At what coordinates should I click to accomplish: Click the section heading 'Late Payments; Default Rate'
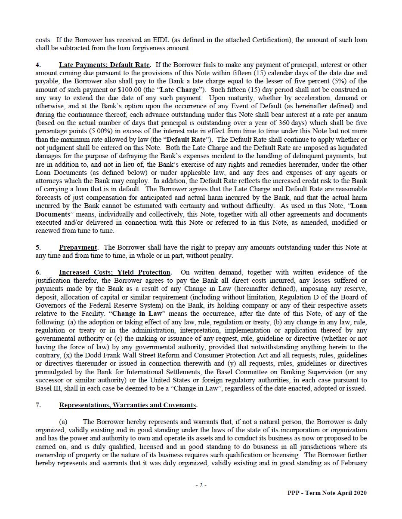click(105, 65)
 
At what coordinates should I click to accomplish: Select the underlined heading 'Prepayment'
click(78, 247)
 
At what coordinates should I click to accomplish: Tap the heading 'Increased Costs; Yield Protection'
click(114, 272)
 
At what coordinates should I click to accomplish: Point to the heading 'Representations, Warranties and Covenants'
click(128, 405)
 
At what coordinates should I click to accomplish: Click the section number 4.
click(38, 65)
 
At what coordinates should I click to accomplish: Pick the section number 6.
click(38, 272)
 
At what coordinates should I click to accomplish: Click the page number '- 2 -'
click(201, 485)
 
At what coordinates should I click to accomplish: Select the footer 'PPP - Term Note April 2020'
click(327, 493)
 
